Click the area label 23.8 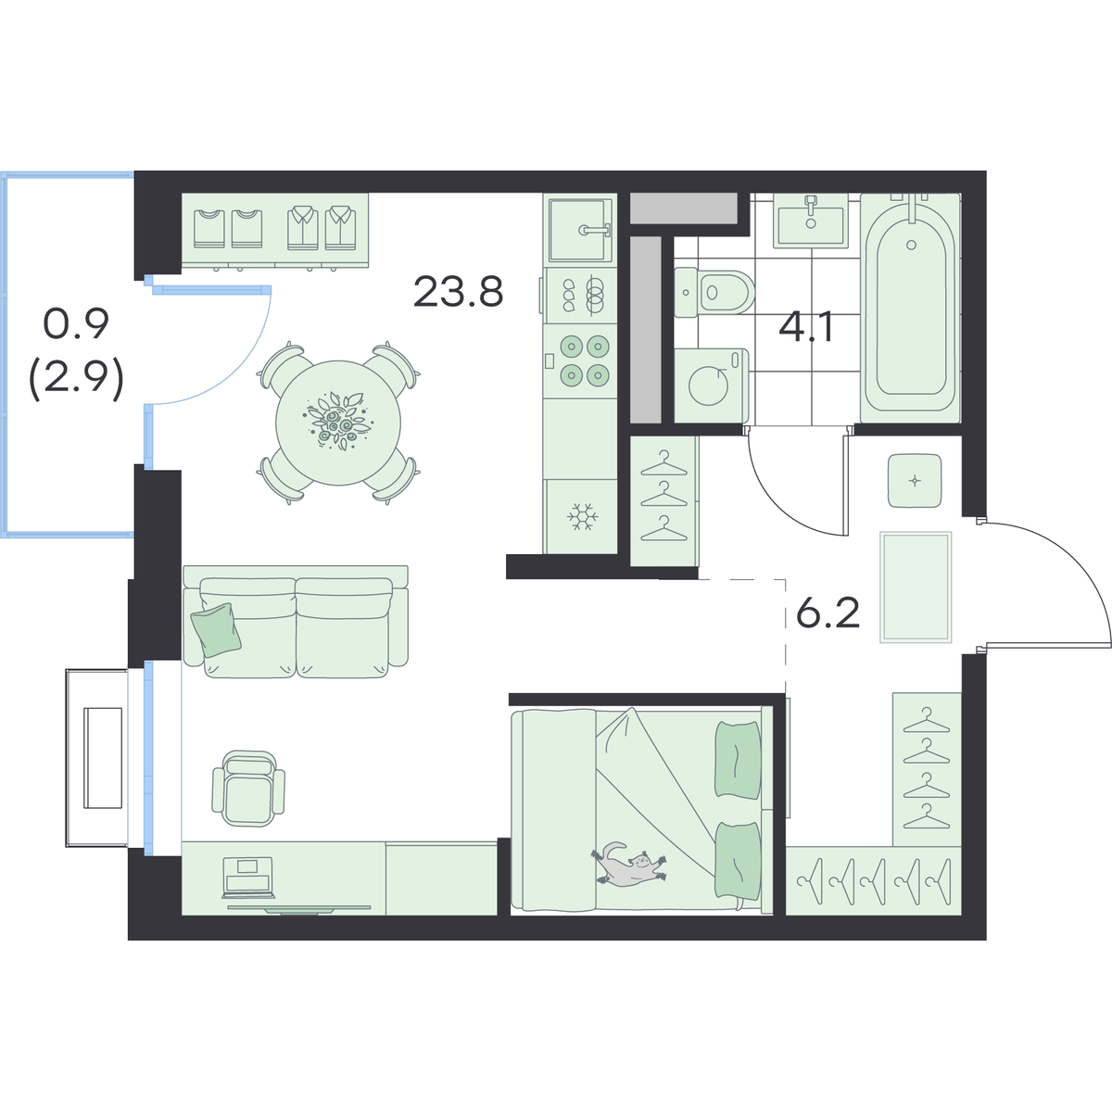point(458,292)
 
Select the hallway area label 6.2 point(828,613)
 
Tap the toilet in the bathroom point(714,293)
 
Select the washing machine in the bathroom point(712,385)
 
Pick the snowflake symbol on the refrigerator point(582,516)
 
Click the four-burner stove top point(580,360)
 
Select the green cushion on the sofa point(216,629)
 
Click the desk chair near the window point(248,789)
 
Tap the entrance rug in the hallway point(916,587)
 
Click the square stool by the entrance point(915,481)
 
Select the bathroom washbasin point(811,221)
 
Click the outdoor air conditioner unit point(97,758)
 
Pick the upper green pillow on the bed point(738,760)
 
